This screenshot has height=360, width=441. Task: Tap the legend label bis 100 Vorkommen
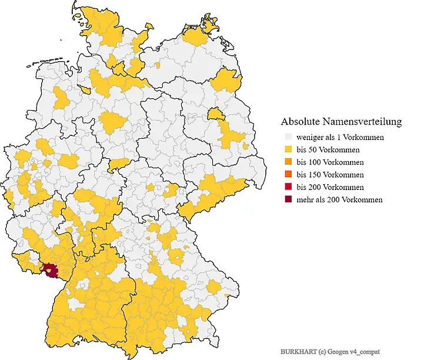pos(330,162)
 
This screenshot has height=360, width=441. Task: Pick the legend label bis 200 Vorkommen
pos(330,187)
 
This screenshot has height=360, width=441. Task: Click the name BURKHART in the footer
pos(298,351)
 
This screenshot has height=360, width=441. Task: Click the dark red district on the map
pos(51,271)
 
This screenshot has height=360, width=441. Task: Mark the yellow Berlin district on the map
pos(216,113)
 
